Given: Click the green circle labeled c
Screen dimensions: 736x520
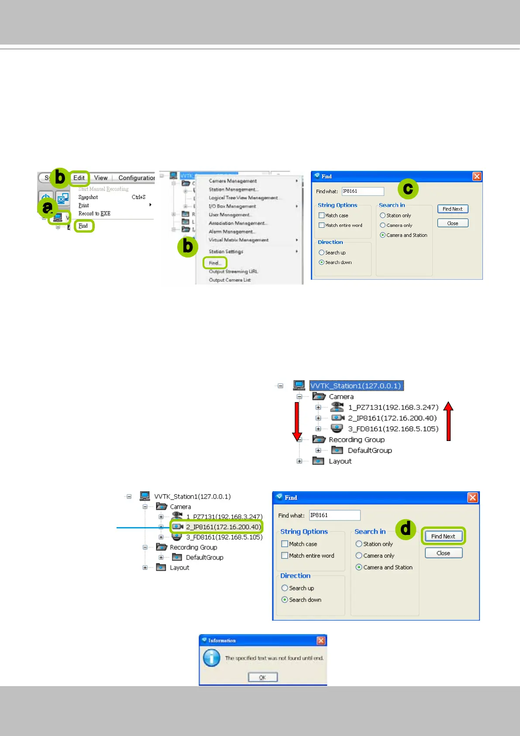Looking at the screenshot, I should [x=408, y=189].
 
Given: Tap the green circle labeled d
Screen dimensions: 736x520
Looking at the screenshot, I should [x=406, y=529].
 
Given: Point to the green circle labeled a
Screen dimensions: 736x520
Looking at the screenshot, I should [x=47, y=208].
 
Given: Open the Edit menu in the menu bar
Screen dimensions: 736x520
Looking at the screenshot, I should [x=79, y=178].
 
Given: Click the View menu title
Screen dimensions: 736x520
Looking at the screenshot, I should [x=101, y=178].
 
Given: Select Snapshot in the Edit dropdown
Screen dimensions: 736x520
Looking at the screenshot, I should [x=88, y=197].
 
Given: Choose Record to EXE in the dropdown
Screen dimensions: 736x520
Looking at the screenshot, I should [x=94, y=214].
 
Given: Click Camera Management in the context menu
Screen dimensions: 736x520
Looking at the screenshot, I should [x=233, y=181].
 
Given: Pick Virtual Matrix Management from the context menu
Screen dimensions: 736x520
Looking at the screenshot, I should [x=238, y=240].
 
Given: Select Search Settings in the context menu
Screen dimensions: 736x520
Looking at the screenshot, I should [x=226, y=252].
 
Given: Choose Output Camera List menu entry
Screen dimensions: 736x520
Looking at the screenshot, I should [x=230, y=280].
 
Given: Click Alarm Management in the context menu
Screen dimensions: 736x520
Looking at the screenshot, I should [x=231, y=232].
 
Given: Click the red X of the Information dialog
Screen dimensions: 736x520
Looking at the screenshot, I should [x=321, y=640].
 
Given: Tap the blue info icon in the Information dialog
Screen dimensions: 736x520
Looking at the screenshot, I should [x=212, y=658].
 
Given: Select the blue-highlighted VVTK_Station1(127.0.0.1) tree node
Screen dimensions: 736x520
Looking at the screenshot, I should [x=355, y=385].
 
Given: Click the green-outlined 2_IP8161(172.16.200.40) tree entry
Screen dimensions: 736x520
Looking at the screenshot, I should [x=223, y=527].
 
